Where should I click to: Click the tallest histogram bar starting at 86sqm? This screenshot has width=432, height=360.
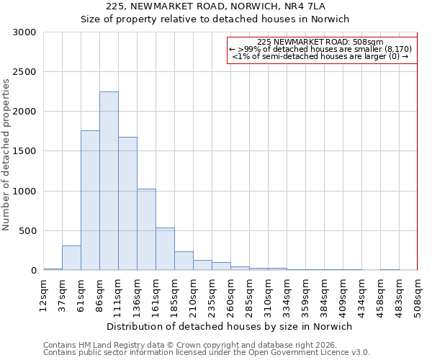(x=109, y=181)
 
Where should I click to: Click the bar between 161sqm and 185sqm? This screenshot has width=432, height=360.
(x=165, y=249)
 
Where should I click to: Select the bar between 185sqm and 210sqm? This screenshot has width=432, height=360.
(x=184, y=261)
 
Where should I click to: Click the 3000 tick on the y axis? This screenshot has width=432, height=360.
(x=24, y=32)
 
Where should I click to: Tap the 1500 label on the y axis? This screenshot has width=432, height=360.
(x=24, y=151)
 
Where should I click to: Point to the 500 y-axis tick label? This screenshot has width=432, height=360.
(x=27, y=231)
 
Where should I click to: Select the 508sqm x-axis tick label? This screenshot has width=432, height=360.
(x=417, y=296)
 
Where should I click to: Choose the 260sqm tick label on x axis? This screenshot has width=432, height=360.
(x=230, y=296)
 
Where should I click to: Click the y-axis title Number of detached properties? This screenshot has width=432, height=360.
(x=6, y=155)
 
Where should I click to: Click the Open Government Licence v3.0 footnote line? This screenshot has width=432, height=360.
(x=207, y=352)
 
